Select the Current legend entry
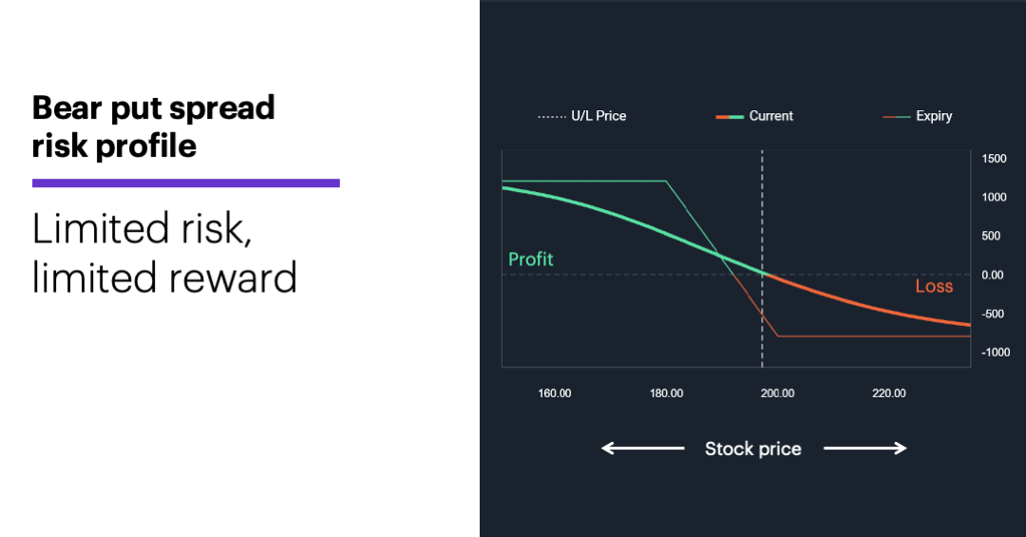[755, 116]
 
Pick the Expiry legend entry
[918, 116]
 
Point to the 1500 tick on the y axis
[994, 159]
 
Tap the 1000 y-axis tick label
[994, 198]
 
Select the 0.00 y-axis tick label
[993, 275]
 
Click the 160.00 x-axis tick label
[555, 393]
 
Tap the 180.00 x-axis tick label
[666, 393]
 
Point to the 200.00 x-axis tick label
[777, 393]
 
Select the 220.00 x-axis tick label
[888, 393]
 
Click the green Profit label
[530, 259]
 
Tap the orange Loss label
[934, 286]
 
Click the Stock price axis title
[752, 449]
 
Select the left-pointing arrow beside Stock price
[642, 449]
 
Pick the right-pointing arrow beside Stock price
[864, 449]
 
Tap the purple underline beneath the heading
[186, 182]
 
